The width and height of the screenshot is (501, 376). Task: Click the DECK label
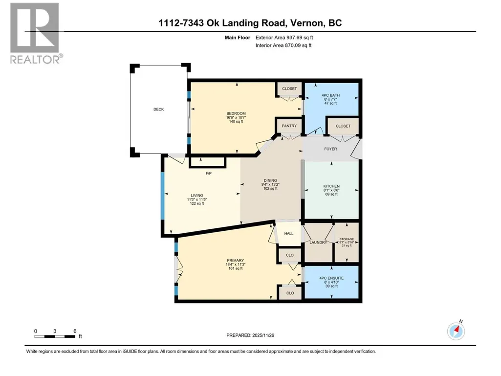[158, 110]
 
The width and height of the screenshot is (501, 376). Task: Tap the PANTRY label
[289, 126]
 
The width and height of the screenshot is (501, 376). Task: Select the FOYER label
[330, 149]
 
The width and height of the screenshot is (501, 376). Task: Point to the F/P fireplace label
[208, 174]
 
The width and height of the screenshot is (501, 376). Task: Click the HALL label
[289, 234]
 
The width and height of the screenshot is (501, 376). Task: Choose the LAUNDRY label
[318, 243]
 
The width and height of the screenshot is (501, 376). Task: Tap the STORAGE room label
[347, 239]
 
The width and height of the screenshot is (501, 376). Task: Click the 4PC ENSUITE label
[331, 278]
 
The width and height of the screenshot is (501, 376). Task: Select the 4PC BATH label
[330, 95]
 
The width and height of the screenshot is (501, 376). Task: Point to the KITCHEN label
[331, 186]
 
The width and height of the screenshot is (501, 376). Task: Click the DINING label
[270, 180]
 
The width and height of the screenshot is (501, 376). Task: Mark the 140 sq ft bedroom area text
[236, 121]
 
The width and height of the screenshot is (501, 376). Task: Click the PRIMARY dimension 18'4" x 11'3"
[236, 265]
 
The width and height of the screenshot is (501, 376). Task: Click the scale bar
[55, 336]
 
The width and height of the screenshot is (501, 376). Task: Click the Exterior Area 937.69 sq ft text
[284, 38]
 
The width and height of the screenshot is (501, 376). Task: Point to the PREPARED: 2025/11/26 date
[250, 335]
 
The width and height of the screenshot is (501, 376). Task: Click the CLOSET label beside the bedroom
[289, 88]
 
